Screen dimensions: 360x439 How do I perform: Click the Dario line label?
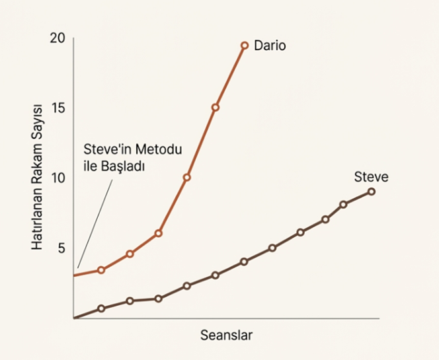point(270,46)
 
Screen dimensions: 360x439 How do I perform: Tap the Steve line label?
point(371,177)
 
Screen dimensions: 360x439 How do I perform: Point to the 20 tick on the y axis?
point(58,38)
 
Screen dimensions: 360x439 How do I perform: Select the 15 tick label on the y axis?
point(58,108)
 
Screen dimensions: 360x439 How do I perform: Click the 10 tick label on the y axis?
point(58,178)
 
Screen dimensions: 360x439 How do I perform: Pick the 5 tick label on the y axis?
point(61,248)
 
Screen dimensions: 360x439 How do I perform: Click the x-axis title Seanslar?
point(226,334)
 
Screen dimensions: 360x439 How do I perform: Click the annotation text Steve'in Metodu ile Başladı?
point(132,157)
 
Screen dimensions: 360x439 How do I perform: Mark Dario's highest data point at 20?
point(244,45)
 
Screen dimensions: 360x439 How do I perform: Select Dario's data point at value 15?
point(215,107)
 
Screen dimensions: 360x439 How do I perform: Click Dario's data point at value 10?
point(186,177)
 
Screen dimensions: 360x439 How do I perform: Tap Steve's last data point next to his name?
point(371,192)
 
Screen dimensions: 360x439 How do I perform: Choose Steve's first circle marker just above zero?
point(101,308)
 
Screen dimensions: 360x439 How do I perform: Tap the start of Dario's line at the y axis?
point(75,275)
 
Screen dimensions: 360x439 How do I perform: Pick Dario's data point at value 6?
point(158,233)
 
